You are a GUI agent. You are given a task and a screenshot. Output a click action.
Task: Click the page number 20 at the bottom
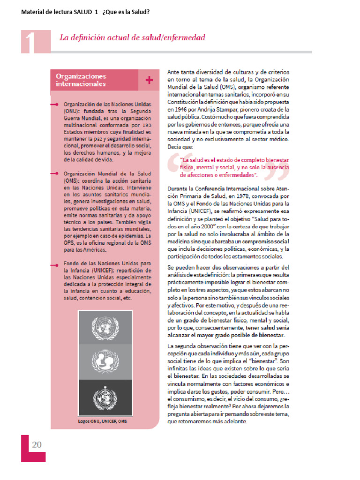(37, 444)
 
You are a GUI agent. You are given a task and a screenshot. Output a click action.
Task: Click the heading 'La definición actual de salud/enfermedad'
(132, 37)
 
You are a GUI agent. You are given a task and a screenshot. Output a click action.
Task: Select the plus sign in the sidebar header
(150, 80)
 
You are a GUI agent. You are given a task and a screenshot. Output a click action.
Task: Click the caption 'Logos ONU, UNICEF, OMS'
(102, 420)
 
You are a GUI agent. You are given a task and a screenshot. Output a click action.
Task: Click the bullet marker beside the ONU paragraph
(55, 105)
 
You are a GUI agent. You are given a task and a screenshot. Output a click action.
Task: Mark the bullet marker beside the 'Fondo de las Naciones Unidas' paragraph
(55, 264)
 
